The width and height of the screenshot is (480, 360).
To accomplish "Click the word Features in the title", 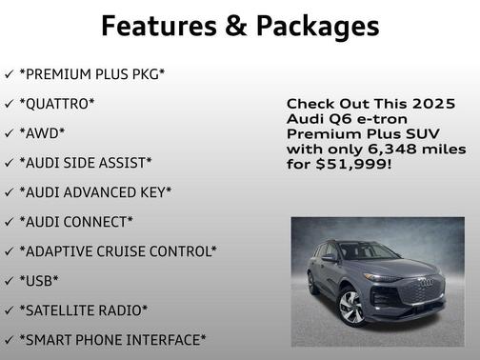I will pyautogui.click(x=157, y=26).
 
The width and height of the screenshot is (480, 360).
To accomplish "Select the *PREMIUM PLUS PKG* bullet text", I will pyautogui.click(x=91, y=73).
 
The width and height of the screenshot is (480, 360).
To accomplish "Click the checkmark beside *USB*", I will pyautogui.click(x=10, y=281).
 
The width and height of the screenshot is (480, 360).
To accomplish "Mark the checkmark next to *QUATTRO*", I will pyautogui.click(x=10, y=103).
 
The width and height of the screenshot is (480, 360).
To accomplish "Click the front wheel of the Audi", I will pyautogui.click(x=351, y=307).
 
